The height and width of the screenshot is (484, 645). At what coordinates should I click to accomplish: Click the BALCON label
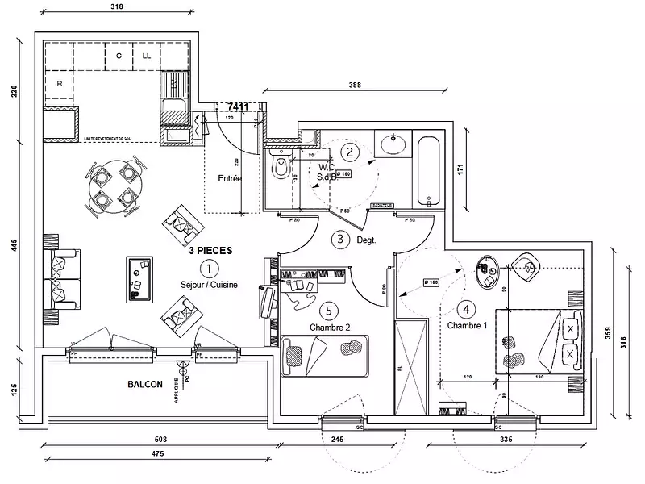[x=144, y=385]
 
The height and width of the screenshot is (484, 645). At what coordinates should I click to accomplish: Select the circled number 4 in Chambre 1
[x=465, y=308]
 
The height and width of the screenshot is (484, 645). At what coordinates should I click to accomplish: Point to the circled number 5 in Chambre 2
[x=327, y=310]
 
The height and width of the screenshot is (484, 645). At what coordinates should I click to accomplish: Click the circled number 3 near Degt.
[x=341, y=239]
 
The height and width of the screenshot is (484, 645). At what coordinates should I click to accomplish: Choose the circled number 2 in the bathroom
[x=348, y=151]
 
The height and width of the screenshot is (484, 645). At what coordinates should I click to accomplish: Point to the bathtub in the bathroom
[x=429, y=170]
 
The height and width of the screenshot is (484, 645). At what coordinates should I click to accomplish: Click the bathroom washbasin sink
[x=393, y=144]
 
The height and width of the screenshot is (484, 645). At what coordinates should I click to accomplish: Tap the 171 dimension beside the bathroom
[x=460, y=171]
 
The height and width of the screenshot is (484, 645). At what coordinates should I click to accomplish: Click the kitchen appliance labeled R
[x=60, y=83]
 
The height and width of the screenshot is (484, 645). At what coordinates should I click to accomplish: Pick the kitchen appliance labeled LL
[x=147, y=56]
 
